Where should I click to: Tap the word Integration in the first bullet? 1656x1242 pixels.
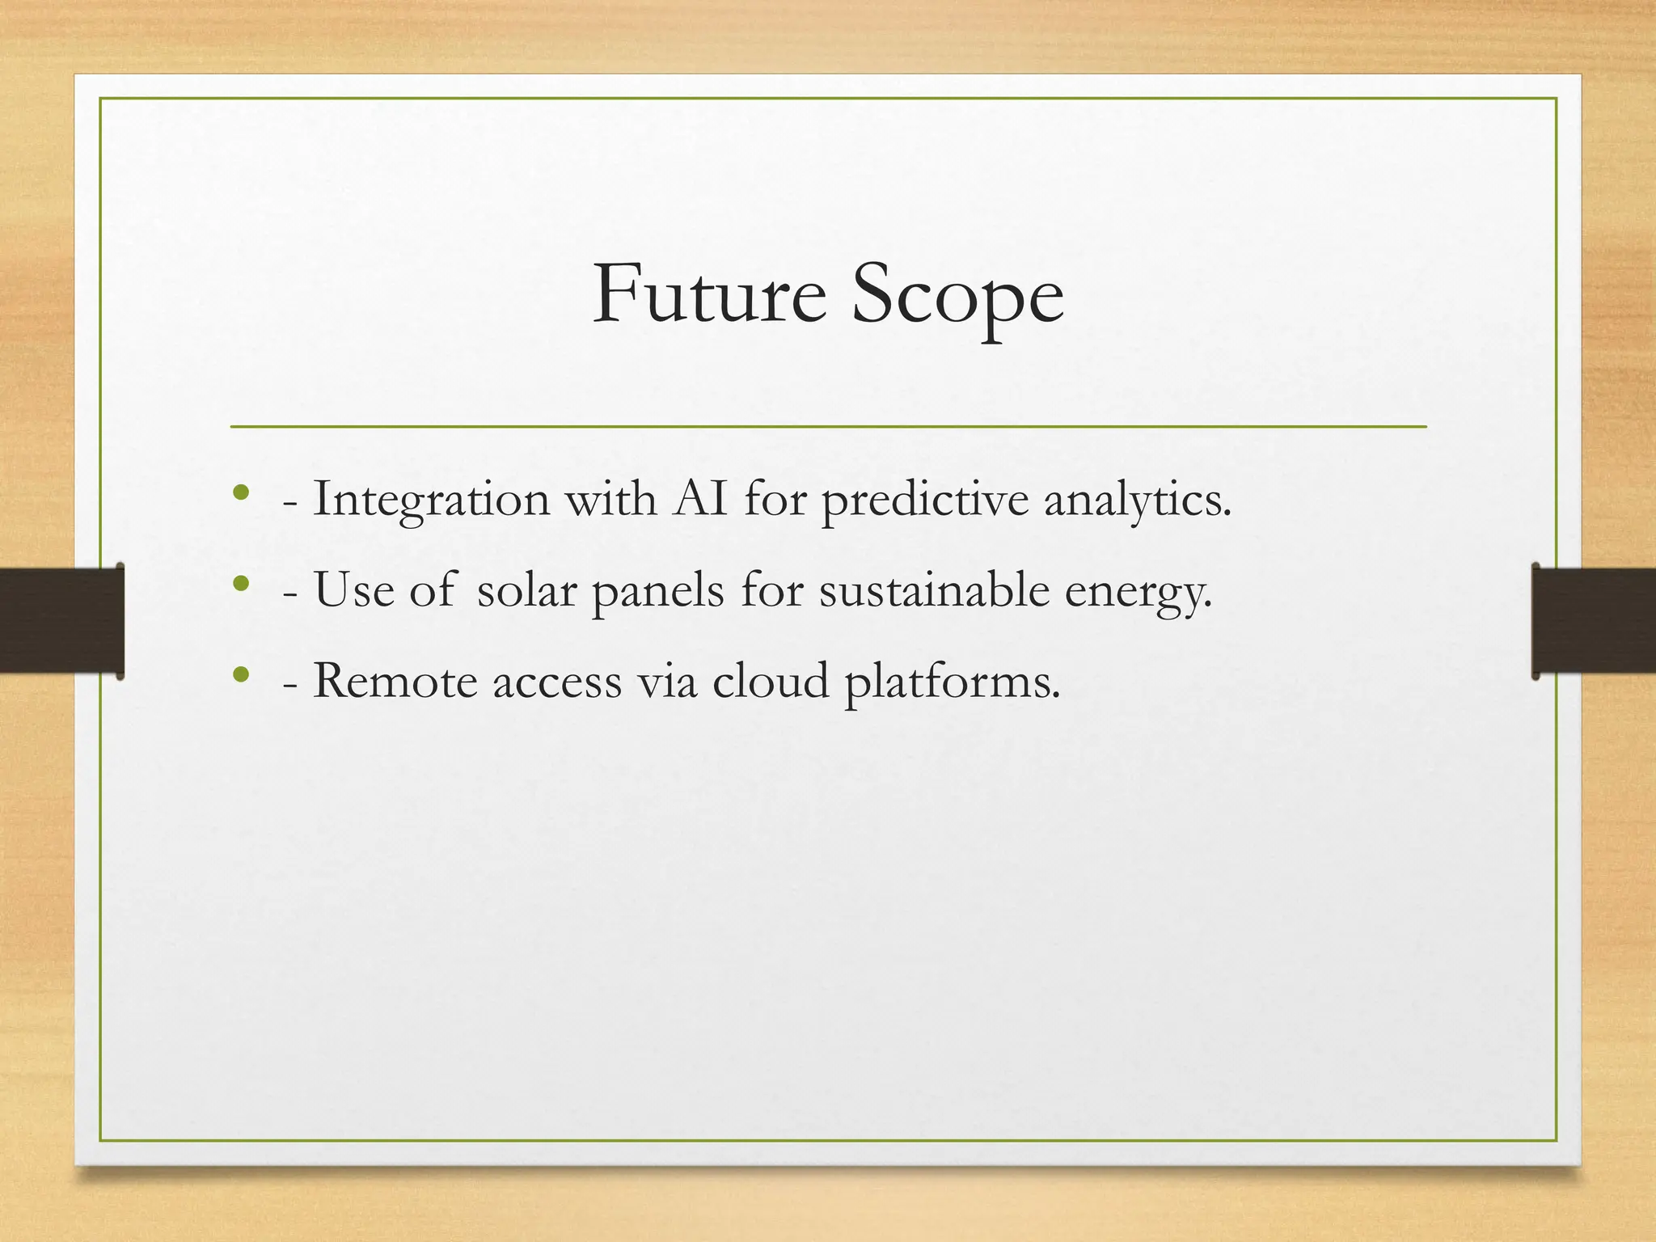[431, 500]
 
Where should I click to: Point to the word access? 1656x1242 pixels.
[557, 682]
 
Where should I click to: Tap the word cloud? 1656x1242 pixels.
[771, 681]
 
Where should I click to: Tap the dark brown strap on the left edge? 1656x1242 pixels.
[61, 620]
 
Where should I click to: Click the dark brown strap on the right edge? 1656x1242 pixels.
[1594, 620]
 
